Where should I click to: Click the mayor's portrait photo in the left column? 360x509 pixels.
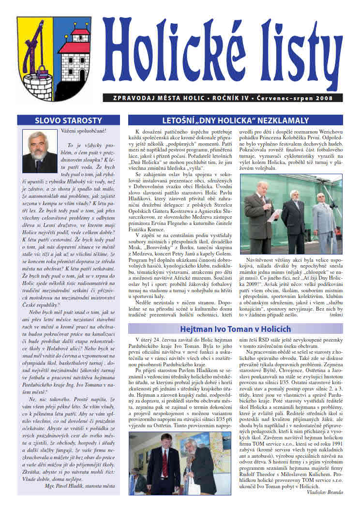click(x=40, y=150)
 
